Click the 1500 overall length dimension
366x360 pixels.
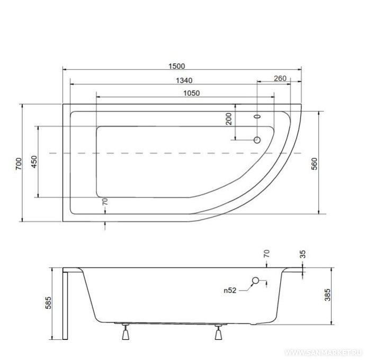(x=177, y=66)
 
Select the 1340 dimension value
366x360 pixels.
(x=184, y=80)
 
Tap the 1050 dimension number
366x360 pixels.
(x=191, y=93)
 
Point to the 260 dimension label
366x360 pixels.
(x=280, y=78)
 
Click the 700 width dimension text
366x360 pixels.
(x=19, y=164)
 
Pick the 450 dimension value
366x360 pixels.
(x=34, y=161)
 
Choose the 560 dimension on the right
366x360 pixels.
(x=315, y=164)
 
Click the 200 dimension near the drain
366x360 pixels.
(x=229, y=119)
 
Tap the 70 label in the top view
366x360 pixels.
(x=105, y=202)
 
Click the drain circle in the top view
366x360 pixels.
(x=257, y=140)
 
